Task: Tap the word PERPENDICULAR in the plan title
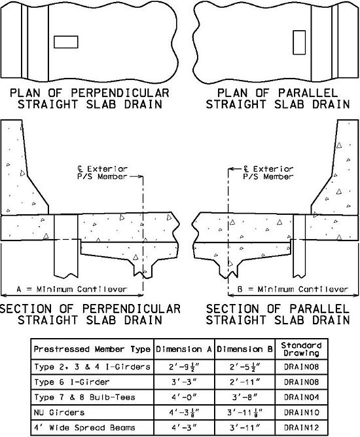(x=120, y=93)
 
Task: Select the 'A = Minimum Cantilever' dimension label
(x=72, y=290)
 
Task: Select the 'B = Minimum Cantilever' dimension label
(x=293, y=290)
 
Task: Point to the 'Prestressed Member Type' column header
(x=92, y=349)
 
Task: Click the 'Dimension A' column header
(x=184, y=349)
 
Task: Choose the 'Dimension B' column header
(x=245, y=349)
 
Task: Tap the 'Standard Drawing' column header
(x=301, y=349)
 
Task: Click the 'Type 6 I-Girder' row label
(x=72, y=382)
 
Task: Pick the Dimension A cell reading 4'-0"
(x=184, y=397)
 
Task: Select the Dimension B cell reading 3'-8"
(x=245, y=397)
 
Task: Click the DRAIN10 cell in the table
(x=301, y=412)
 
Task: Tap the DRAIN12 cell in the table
(x=301, y=427)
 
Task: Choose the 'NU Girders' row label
(x=59, y=412)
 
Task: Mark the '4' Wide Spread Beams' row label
(x=84, y=427)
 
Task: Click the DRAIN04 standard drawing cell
(x=301, y=397)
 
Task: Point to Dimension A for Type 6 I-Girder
(x=184, y=382)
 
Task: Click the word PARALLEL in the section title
(x=319, y=309)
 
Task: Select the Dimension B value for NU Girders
(x=245, y=413)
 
